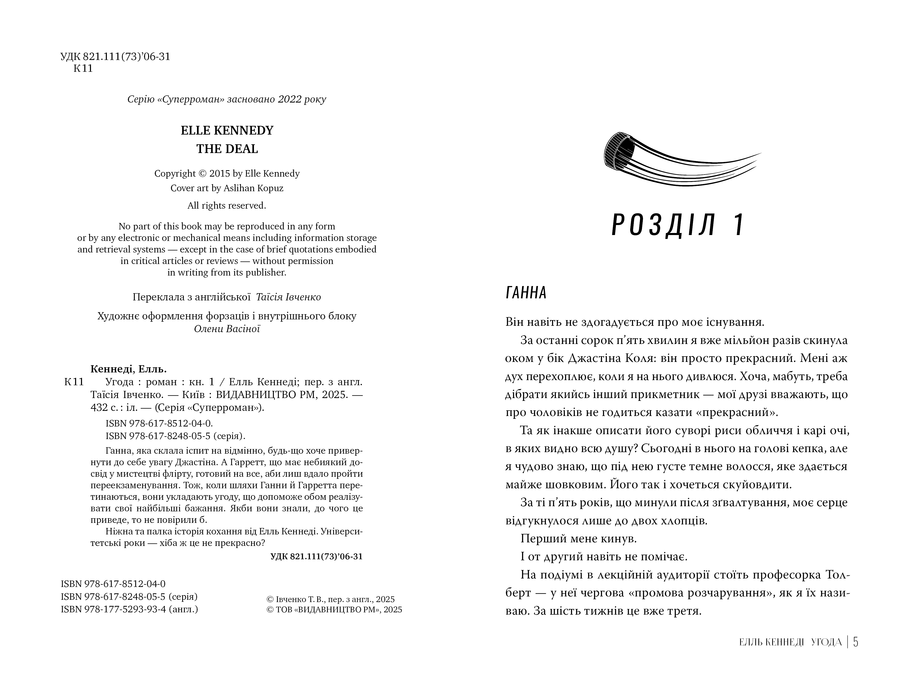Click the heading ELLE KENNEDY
tap(227, 130)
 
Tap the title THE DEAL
tap(227, 149)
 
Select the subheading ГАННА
tap(526, 293)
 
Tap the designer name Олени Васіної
tap(227, 329)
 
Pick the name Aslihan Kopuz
tap(253, 188)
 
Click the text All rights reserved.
tap(227, 206)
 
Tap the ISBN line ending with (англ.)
tap(129, 609)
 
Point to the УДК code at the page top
tap(115, 57)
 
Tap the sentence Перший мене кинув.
tap(579, 538)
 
